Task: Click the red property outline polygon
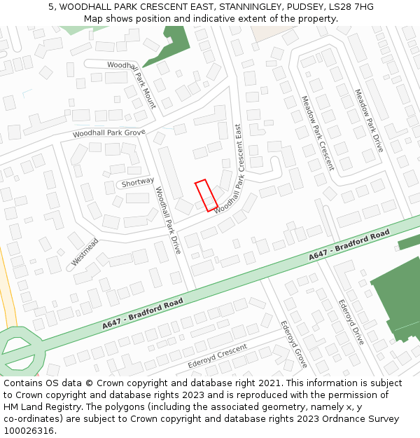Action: [206, 195]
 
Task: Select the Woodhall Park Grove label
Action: [108, 132]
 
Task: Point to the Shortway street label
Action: [137, 182]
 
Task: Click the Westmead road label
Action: [85, 252]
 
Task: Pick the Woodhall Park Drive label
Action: [168, 220]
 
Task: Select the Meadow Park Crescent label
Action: [317, 133]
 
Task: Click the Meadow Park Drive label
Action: [369, 121]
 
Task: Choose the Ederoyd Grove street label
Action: [294, 344]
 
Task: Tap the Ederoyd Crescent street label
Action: [217, 357]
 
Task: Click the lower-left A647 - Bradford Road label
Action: [143, 314]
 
